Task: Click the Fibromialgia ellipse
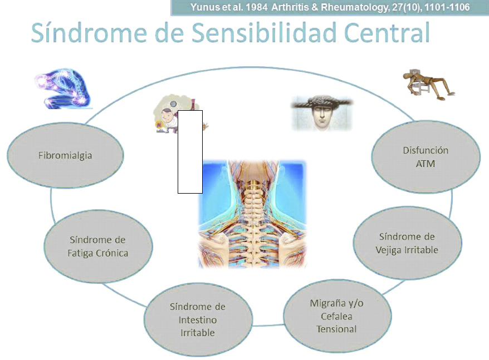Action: point(65,155)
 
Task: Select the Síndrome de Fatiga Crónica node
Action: point(98,246)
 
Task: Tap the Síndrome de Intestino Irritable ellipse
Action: point(198,319)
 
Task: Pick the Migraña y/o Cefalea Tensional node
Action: point(337,316)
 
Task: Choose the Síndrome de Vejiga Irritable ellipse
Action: point(407,243)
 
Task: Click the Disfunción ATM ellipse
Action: point(426,157)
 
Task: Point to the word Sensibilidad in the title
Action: point(264,33)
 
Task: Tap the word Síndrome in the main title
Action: point(89,32)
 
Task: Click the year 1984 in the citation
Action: point(256,7)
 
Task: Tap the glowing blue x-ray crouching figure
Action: point(63,89)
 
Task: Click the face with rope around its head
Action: point(322,113)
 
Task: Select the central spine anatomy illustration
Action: point(252,214)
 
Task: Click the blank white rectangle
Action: point(190,152)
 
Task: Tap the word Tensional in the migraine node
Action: point(336,329)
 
